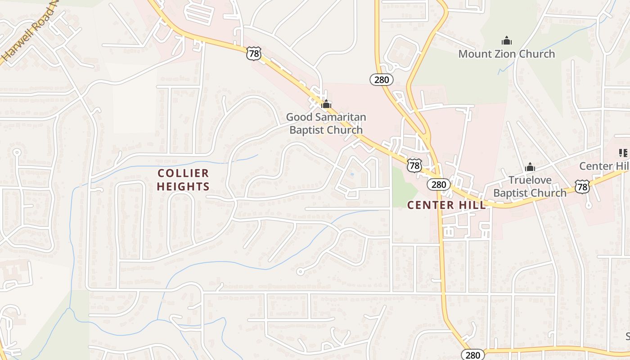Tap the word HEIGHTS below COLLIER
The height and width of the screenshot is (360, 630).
(x=183, y=186)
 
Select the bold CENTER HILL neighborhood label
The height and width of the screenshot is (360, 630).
(x=446, y=205)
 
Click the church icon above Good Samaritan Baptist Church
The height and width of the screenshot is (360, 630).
(x=326, y=104)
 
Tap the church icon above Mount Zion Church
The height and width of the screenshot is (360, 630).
(x=507, y=41)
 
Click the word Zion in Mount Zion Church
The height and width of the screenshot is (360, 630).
(x=507, y=54)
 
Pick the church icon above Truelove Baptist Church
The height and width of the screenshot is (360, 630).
(x=530, y=167)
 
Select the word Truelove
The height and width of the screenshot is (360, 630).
(x=530, y=180)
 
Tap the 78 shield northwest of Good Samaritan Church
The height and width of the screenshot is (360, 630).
(x=253, y=54)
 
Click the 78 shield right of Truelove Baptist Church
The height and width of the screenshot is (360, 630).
(x=582, y=186)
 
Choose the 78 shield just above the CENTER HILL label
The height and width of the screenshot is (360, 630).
(x=414, y=165)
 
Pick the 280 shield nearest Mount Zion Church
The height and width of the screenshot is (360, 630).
(x=382, y=80)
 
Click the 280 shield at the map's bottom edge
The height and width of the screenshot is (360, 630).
(x=472, y=355)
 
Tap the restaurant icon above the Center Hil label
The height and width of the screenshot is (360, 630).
(x=623, y=153)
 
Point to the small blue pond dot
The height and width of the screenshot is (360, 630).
(x=352, y=174)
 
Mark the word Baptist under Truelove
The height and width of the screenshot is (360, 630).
(x=513, y=193)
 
